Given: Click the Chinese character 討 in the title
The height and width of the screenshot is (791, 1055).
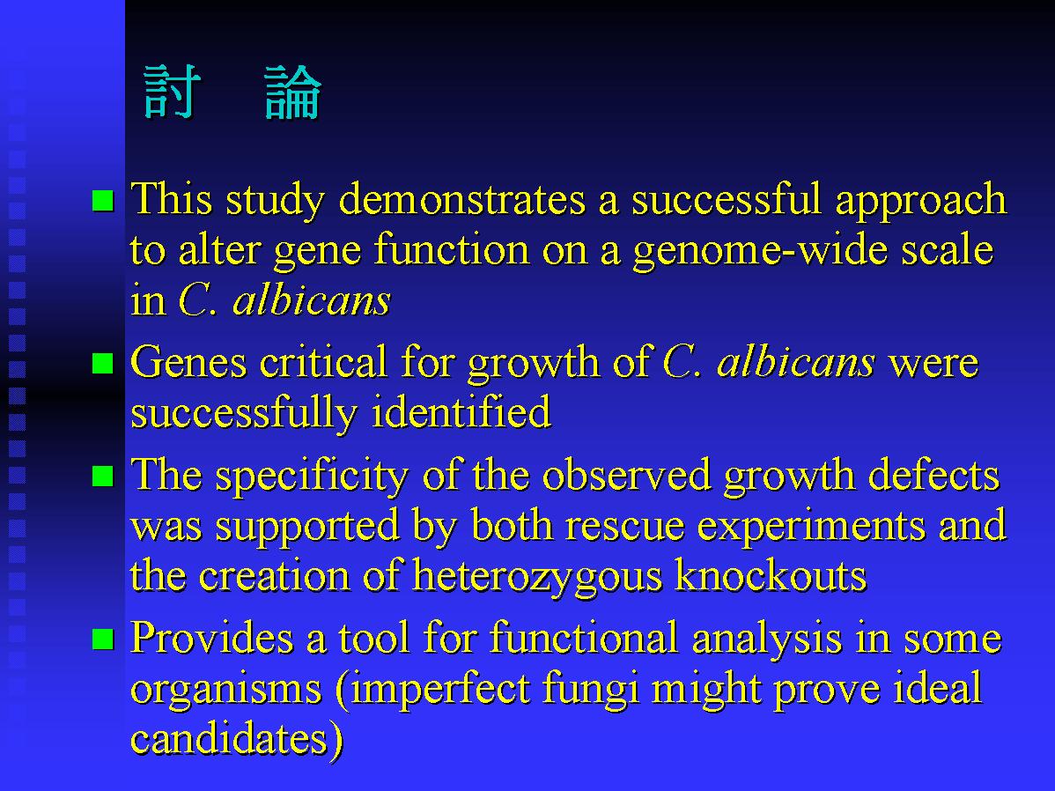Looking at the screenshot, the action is tap(173, 92).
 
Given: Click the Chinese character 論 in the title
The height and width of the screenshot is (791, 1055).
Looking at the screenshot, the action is tap(292, 92).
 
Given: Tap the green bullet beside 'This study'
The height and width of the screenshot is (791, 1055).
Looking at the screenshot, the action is tap(103, 201).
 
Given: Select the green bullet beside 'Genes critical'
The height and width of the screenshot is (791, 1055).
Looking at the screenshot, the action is tap(103, 363).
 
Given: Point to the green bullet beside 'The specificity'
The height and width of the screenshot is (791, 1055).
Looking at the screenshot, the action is tap(103, 476).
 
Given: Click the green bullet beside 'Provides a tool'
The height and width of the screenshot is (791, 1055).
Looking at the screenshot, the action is tap(103, 639).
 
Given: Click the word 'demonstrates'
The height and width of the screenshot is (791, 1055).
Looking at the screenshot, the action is tap(462, 200).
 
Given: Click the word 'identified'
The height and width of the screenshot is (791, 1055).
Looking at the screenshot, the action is tap(461, 411).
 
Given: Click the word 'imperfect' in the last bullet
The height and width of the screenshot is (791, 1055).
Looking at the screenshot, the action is tap(440, 690).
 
